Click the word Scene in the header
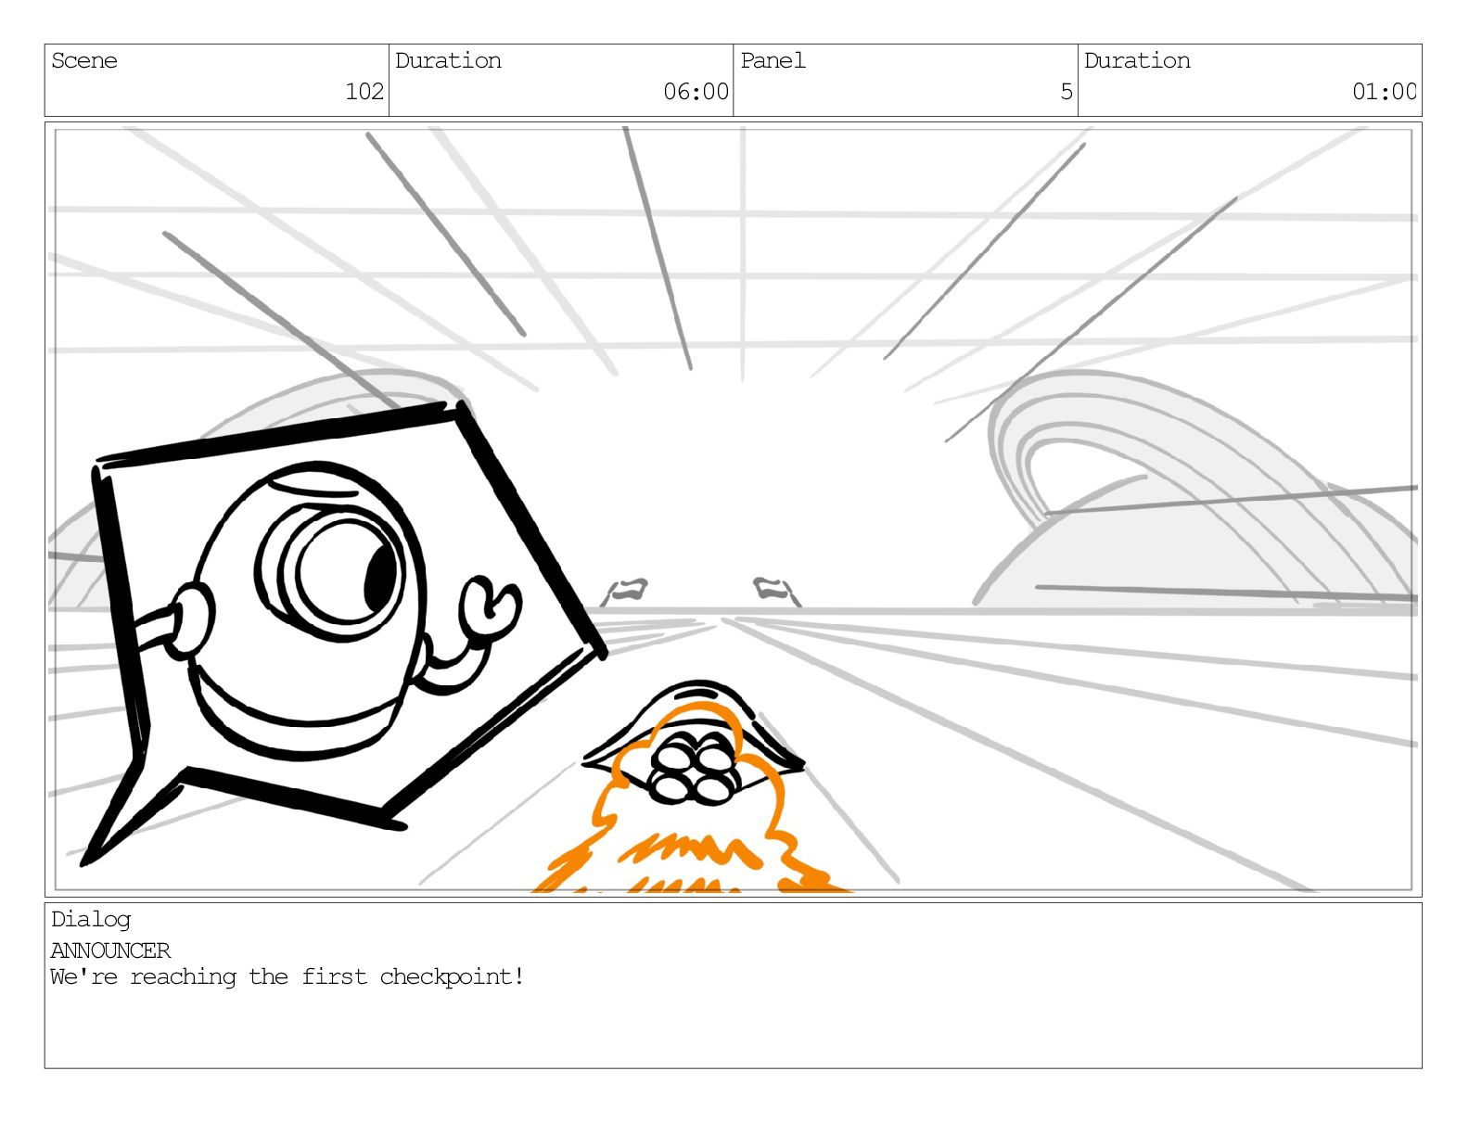(84, 61)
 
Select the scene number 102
(364, 92)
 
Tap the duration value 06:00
(696, 92)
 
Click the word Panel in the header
(773, 61)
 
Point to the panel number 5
(1066, 92)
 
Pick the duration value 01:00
(1384, 92)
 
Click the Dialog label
(91, 920)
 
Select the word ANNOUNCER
(110, 950)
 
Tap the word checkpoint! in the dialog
(452, 977)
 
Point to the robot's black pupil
(379, 577)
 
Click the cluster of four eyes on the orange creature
(693, 768)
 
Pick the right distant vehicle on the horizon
(773, 588)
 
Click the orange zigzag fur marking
(686, 848)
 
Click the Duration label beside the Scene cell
(448, 61)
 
